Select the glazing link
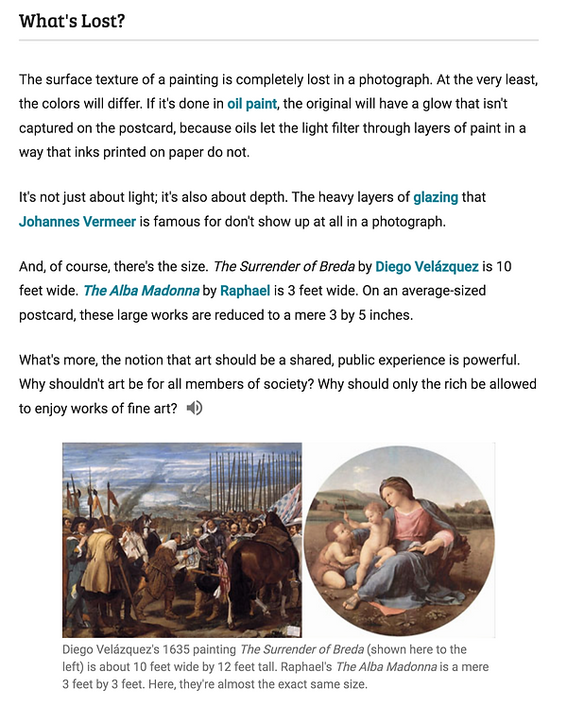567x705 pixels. tap(436, 197)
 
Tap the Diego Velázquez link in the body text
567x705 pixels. tap(426, 266)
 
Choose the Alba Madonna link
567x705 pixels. tap(141, 291)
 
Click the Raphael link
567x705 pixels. tap(245, 291)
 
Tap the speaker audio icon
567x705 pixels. tap(195, 408)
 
